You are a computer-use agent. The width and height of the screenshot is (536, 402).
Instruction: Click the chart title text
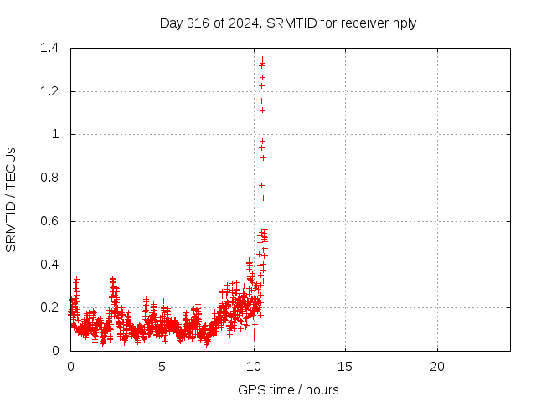pyautogui.click(x=288, y=23)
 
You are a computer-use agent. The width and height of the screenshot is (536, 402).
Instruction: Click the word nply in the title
pyautogui.click(x=405, y=24)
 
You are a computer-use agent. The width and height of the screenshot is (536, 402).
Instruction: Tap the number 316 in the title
pyautogui.click(x=198, y=23)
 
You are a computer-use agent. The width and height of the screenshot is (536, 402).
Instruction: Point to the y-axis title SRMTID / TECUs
pyautogui.click(x=11, y=200)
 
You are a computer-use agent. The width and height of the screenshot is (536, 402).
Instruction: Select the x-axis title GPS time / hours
pyautogui.click(x=288, y=389)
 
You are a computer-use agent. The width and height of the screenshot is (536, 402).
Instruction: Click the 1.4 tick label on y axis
pyautogui.click(x=49, y=48)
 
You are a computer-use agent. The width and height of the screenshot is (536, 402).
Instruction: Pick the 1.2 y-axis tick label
pyautogui.click(x=49, y=91)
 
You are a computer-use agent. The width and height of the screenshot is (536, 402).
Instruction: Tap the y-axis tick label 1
pyautogui.click(x=55, y=134)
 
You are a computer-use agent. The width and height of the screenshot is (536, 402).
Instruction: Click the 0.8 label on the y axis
pyautogui.click(x=49, y=178)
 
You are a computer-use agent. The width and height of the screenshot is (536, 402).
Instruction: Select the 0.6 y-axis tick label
pyautogui.click(x=49, y=221)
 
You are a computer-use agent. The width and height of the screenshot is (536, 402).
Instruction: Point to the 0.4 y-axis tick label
pyautogui.click(x=49, y=265)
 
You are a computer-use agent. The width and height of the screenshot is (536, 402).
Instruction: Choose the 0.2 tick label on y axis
pyautogui.click(x=49, y=307)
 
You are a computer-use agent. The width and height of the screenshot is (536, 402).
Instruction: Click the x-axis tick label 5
pyautogui.click(x=162, y=367)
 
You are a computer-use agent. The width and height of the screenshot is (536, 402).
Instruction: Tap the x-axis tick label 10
pyautogui.click(x=254, y=367)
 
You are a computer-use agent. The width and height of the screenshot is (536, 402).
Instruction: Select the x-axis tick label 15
pyautogui.click(x=345, y=367)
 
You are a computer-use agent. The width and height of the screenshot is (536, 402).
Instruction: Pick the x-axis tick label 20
pyautogui.click(x=437, y=367)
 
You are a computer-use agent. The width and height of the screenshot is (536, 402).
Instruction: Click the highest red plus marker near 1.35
pyautogui.click(x=262, y=59)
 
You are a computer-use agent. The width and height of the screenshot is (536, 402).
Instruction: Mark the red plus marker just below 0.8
pyautogui.click(x=262, y=186)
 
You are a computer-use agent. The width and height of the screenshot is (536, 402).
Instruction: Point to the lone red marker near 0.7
pyautogui.click(x=263, y=198)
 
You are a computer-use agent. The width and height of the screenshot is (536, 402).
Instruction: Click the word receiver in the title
pyautogui.click(x=365, y=23)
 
